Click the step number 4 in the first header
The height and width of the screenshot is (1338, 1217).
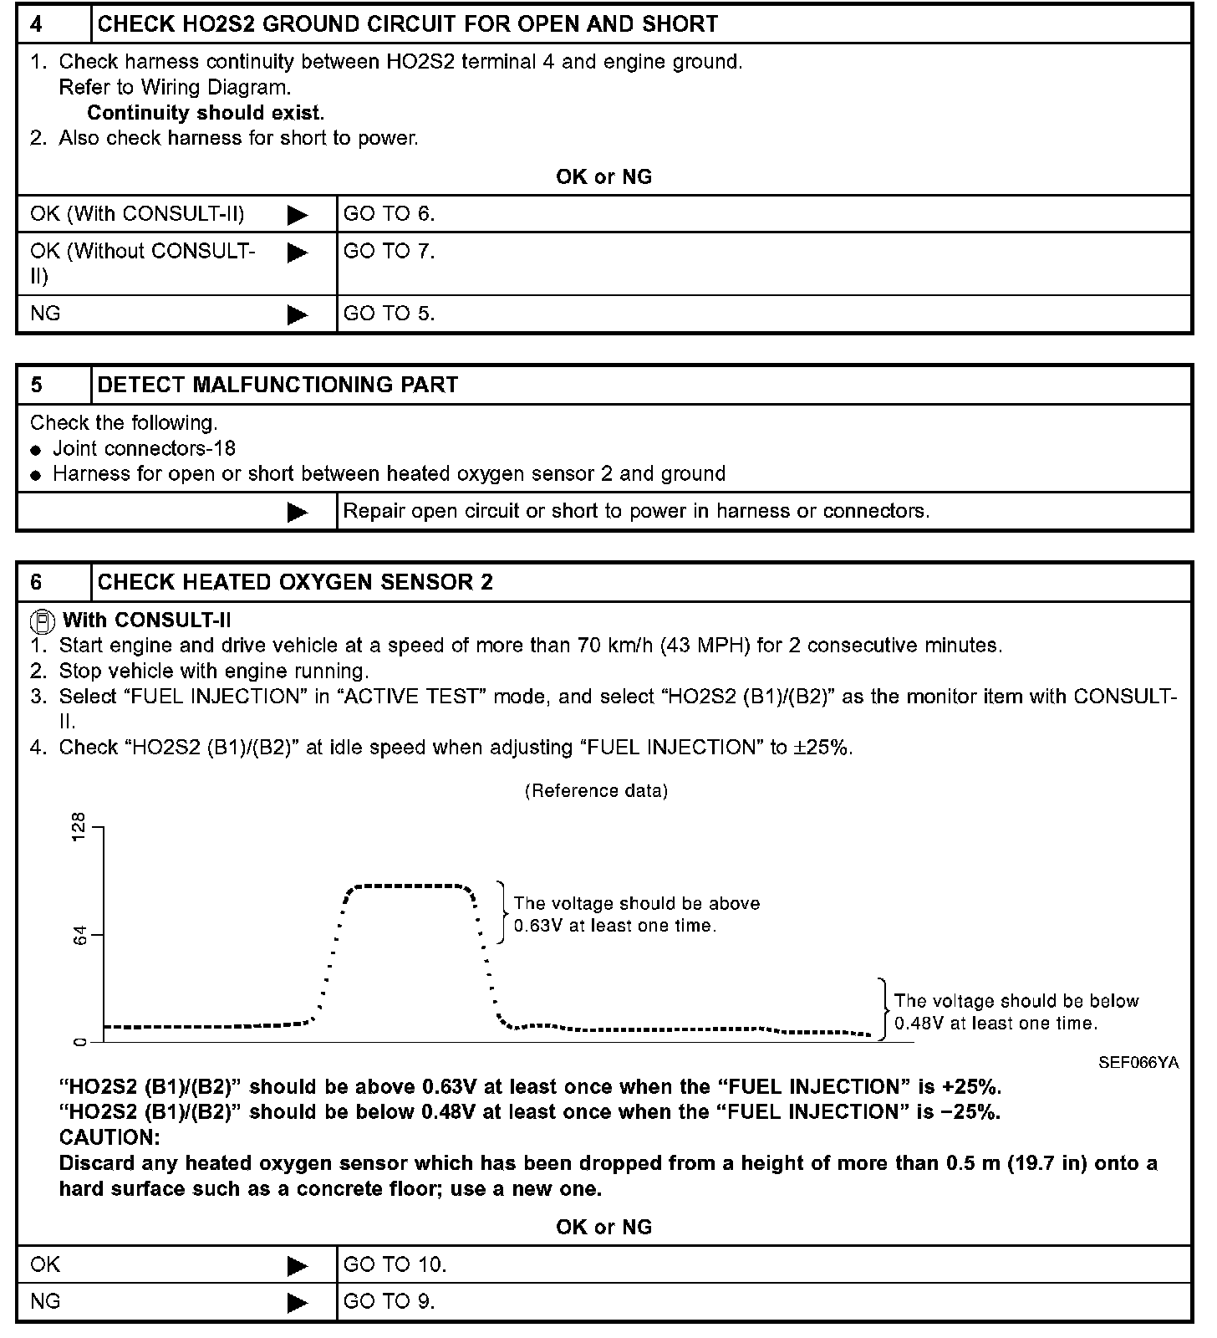click(37, 23)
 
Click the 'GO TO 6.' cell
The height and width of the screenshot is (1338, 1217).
click(389, 214)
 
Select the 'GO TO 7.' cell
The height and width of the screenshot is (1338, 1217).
click(389, 251)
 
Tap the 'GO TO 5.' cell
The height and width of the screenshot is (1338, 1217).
click(389, 314)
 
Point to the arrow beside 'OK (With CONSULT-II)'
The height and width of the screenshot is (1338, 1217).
click(297, 215)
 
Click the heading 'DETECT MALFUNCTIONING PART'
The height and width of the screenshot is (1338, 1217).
click(278, 385)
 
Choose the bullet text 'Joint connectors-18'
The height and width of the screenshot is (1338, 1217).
click(144, 448)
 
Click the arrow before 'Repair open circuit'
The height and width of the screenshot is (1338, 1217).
click(297, 512)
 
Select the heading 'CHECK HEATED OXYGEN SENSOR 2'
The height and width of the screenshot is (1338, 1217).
click(295, 582)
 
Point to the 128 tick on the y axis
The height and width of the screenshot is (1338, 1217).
click(80, 827)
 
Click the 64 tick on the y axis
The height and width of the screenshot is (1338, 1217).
click(80, 935)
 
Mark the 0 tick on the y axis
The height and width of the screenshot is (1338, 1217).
click(80, 1042)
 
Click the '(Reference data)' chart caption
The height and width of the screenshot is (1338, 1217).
click(596, 791)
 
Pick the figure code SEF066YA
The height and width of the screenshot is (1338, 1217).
click(1138, 1063)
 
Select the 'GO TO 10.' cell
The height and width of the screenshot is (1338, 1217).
click(395, 1264)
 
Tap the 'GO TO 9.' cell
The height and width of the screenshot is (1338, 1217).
click(389, 1301)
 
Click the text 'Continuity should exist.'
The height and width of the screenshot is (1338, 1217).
click(206, 113)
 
